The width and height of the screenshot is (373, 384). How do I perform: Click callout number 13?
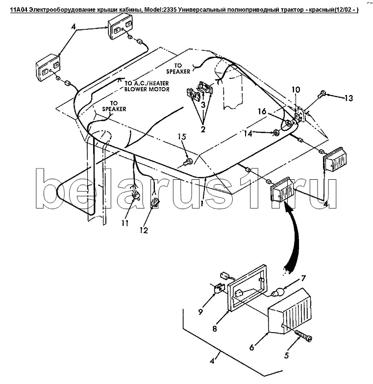pyautogui.click(x=348, y=98)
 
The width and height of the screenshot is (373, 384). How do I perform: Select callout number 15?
pyautogui.click(x=182, y=137)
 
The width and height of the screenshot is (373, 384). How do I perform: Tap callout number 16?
pyautogui.click(x=262, y=112)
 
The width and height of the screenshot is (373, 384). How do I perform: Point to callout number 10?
pyautogui.click(x=296, y=90)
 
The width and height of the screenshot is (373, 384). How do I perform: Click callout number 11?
pyautogui.click(x=125, y=223)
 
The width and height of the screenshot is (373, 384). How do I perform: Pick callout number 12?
pyautogui.click(x=144, y=230)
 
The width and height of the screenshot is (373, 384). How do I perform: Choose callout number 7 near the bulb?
pyautogui.click(x=303, y=278)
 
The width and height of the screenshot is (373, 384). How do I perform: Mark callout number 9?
pyautogui.click(x=200, y=312)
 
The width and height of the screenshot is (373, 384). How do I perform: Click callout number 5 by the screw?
pyautogui.click(x=286, y=356)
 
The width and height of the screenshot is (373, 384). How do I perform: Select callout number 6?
pyautogui.click(x=252, y=347)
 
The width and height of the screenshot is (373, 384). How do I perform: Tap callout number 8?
pyautogui.click(x=215, y=328)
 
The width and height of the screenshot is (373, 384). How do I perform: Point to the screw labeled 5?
pyautogui.click(x=303, y=336)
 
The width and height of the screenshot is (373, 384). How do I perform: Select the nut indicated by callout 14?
pyautogui.click(x=275, y=132)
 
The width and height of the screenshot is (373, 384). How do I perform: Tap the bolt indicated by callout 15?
pyautogui.click(x=189, y=162)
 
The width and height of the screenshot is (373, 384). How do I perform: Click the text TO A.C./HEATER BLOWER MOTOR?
pyautogui.click(x=147, y=86)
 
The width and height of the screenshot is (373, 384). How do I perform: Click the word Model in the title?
pyautogui.click(x=152, y=10)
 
